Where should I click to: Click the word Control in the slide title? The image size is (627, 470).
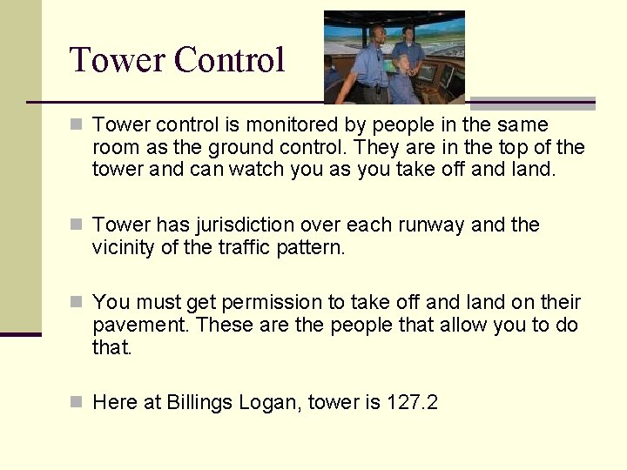(229, 60)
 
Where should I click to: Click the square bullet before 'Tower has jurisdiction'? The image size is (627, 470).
(78, 225)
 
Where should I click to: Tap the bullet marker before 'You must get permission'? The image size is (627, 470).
(78, 302)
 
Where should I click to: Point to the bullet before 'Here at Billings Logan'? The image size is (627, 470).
(78, 401)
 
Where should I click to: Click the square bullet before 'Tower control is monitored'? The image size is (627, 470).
(78, 124)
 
